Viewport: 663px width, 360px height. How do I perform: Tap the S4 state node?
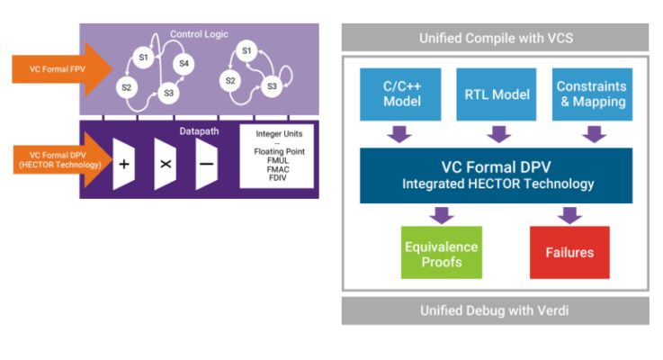(x=184, y=64)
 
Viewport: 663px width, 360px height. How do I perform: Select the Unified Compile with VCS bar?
(x=495, y=39)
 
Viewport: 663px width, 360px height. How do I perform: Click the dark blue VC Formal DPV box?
(x=495, y=175)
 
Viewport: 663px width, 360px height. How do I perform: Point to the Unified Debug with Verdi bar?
(x=495, y=310)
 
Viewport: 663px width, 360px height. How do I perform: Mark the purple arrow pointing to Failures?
(x=568, y=215)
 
